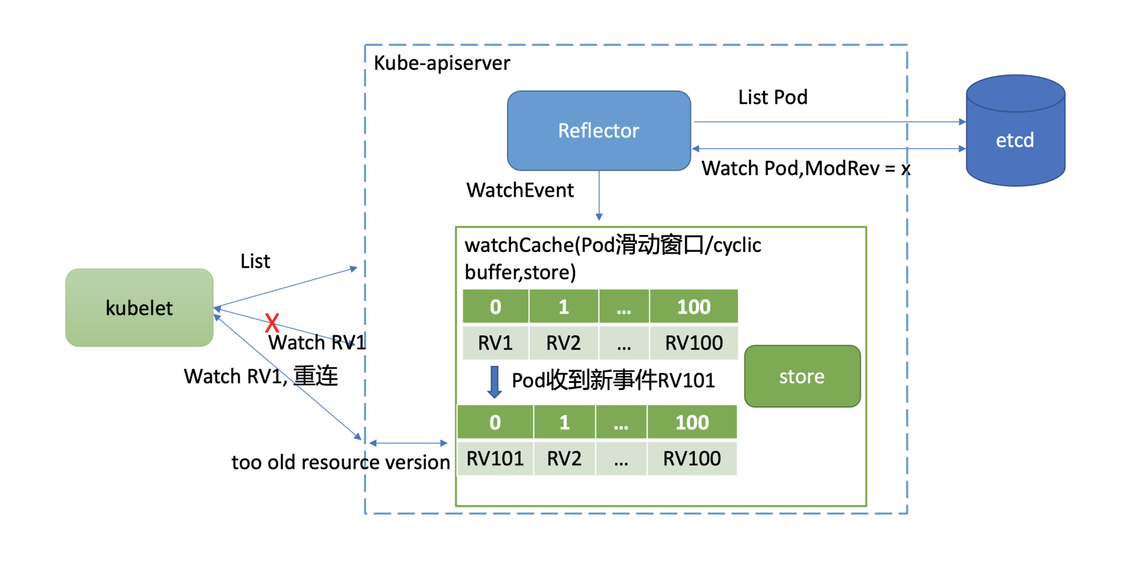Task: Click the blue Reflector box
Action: [x=599, y=130]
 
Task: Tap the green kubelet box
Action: [x=139, y=308]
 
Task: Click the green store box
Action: [x=802, y=376]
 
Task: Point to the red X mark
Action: [x=271, y=322]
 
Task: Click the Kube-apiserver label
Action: [x=442, y=63]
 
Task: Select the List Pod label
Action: [x=773, y=97]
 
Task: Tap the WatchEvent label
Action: [x=520, y=190]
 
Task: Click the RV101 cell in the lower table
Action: [x=495, y=458]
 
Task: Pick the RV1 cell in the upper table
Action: [x=495, y=342]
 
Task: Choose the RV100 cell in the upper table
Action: [x=694, y=342]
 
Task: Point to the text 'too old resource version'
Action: [x=341, y=462]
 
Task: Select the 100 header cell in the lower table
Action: [x=692, y=422]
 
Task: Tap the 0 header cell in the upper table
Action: [x=495, y=307]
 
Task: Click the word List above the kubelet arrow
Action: [x=255, y=261]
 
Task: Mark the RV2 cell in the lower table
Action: [x=564, y=458]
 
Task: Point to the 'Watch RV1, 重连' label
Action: [x=261, y=376]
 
